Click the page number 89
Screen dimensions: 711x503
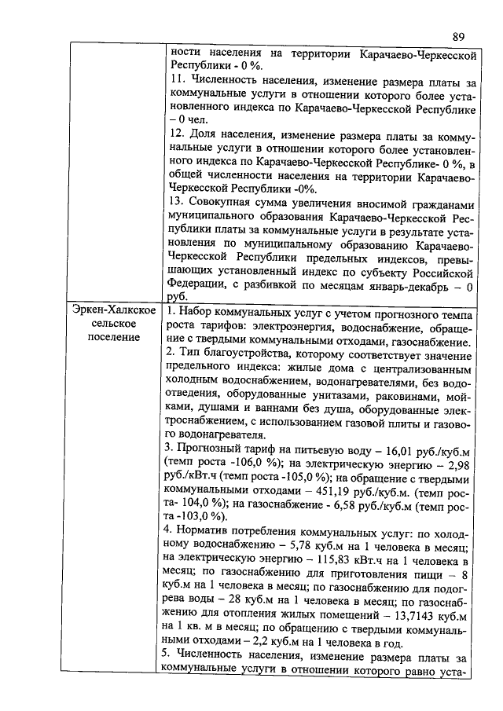click(x=459, y=36)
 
